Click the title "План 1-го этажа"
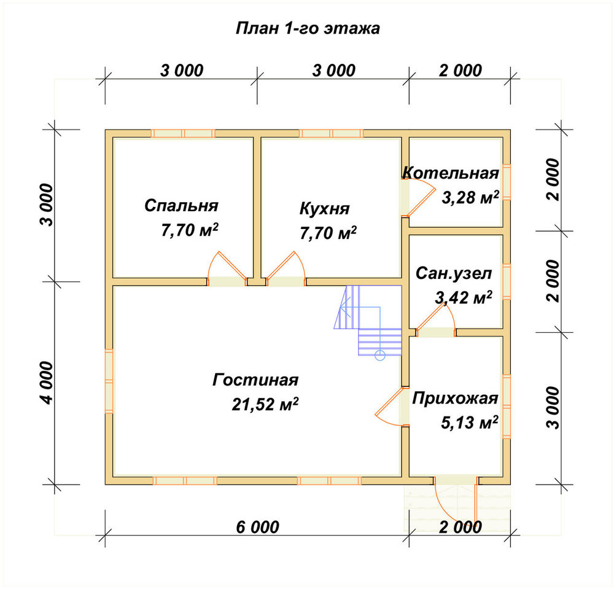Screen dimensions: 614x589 tap(308, 29)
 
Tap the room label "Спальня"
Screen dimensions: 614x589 tap(181, 205)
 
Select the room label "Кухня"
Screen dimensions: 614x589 tap(324, 209)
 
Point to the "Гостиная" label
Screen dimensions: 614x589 tap(255, 380)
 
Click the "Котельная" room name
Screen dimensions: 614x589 tap(451, 173)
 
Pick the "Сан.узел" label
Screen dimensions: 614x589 tap(454, 273)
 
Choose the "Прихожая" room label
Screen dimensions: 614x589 tap(455, 398)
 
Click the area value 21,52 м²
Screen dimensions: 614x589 tap(265, 404)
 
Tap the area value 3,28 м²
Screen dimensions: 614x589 tap(470, 197)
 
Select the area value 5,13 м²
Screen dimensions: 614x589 tap(470, 422)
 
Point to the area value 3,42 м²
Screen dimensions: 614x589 tap(464, 298)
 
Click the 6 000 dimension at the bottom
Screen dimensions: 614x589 tap(257, 527)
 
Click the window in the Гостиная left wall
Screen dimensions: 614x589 tap(109, 381)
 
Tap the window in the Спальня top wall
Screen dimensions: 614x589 tap(183, 133)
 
